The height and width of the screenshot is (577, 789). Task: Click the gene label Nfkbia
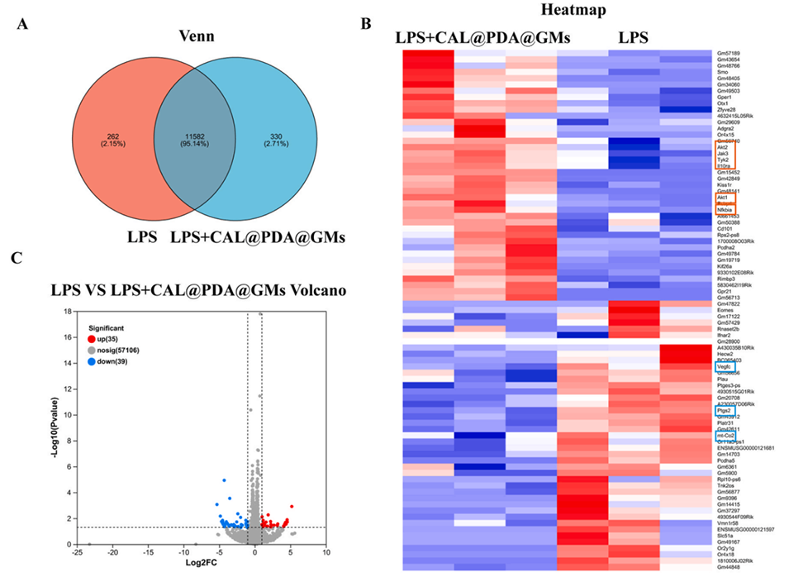tap(726, 209)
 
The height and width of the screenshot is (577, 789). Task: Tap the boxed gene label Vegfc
tap(725, 367)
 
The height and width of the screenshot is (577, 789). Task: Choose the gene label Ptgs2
tap(724, 410)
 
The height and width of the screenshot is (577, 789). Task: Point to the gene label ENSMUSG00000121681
tap(746, 447)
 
